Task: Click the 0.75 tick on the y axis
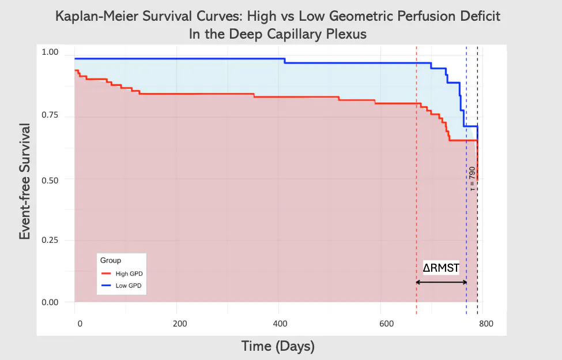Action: click(x=50, y=115)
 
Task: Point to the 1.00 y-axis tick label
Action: click(x=50, y=52)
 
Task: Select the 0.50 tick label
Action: click(x=50, y=181)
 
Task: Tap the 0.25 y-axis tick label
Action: click(x=50, y=240)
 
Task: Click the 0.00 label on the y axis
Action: click(x=50, y=302)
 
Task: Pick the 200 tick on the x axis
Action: click(x=180, y=324)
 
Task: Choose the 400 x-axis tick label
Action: click(x=280, y=324)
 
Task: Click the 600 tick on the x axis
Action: click(x=387, y=324)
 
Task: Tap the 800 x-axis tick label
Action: click(x=486, y=324)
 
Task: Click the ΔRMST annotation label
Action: click(x=441, y=268)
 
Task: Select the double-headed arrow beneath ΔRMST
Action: click(x=441, y=282)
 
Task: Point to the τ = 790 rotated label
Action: click(x=472, y=178)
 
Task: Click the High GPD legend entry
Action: click(x=122, y=273)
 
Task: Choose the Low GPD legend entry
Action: click(x=122, y=286)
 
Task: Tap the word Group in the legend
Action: click(x=111, y=260)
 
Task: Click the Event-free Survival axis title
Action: click(x=25, y=181)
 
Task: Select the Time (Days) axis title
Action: click(x=278, y=346)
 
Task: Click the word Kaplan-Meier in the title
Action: click(x=97, y=16)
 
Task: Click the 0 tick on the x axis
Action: click(x=80, y=324)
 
